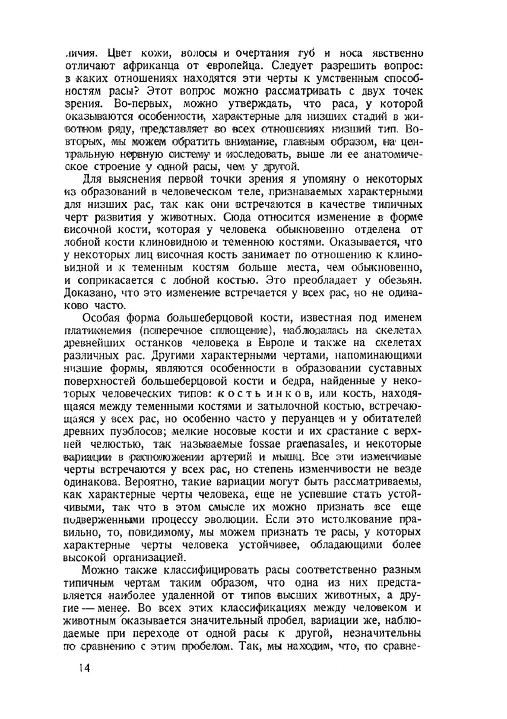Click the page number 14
pyautogui.click(x=85, y=668)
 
